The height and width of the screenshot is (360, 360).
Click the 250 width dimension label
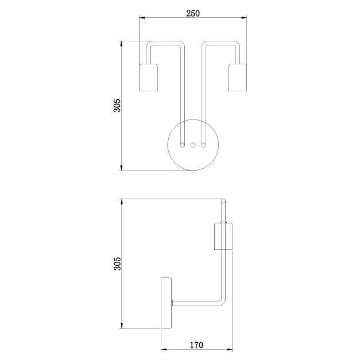coord(193,14)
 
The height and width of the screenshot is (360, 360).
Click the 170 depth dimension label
coord(196,345)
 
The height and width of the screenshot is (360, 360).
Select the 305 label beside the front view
coord(117,106)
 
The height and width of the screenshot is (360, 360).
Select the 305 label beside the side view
coord(117,264)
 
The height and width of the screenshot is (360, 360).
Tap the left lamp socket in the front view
coord(148,78)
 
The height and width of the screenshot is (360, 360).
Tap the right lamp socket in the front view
coord(238,78)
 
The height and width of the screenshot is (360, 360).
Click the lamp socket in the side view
coord(223,236)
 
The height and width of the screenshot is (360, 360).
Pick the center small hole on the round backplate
coord(193,145)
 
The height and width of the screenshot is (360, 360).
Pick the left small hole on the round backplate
coord(182,145)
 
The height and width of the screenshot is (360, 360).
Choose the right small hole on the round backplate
coord(203,145)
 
